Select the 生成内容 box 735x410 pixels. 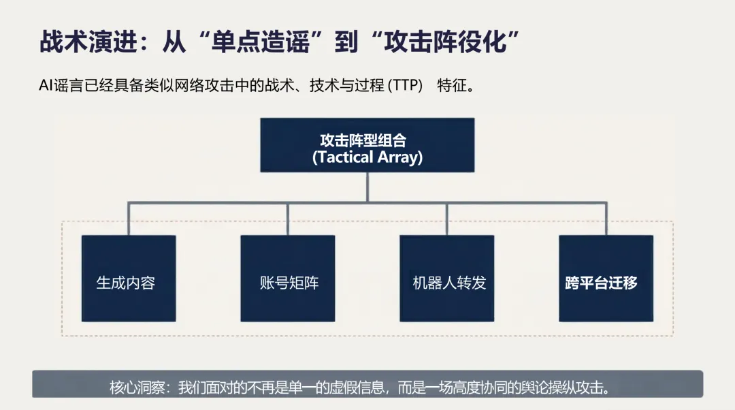click(129, 278)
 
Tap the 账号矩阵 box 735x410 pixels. click(288, 278)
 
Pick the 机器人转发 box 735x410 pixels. click(446, 278)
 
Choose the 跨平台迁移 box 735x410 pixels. click(606, 278)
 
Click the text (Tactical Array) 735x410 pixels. click(367, 157)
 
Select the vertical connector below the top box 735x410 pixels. click(367, 187)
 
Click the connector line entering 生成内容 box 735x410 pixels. click(129, 219)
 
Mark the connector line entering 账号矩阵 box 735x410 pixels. click(288, 219)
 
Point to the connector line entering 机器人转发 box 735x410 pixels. click(446, 219)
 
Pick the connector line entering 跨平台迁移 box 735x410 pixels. click(606, 219)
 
